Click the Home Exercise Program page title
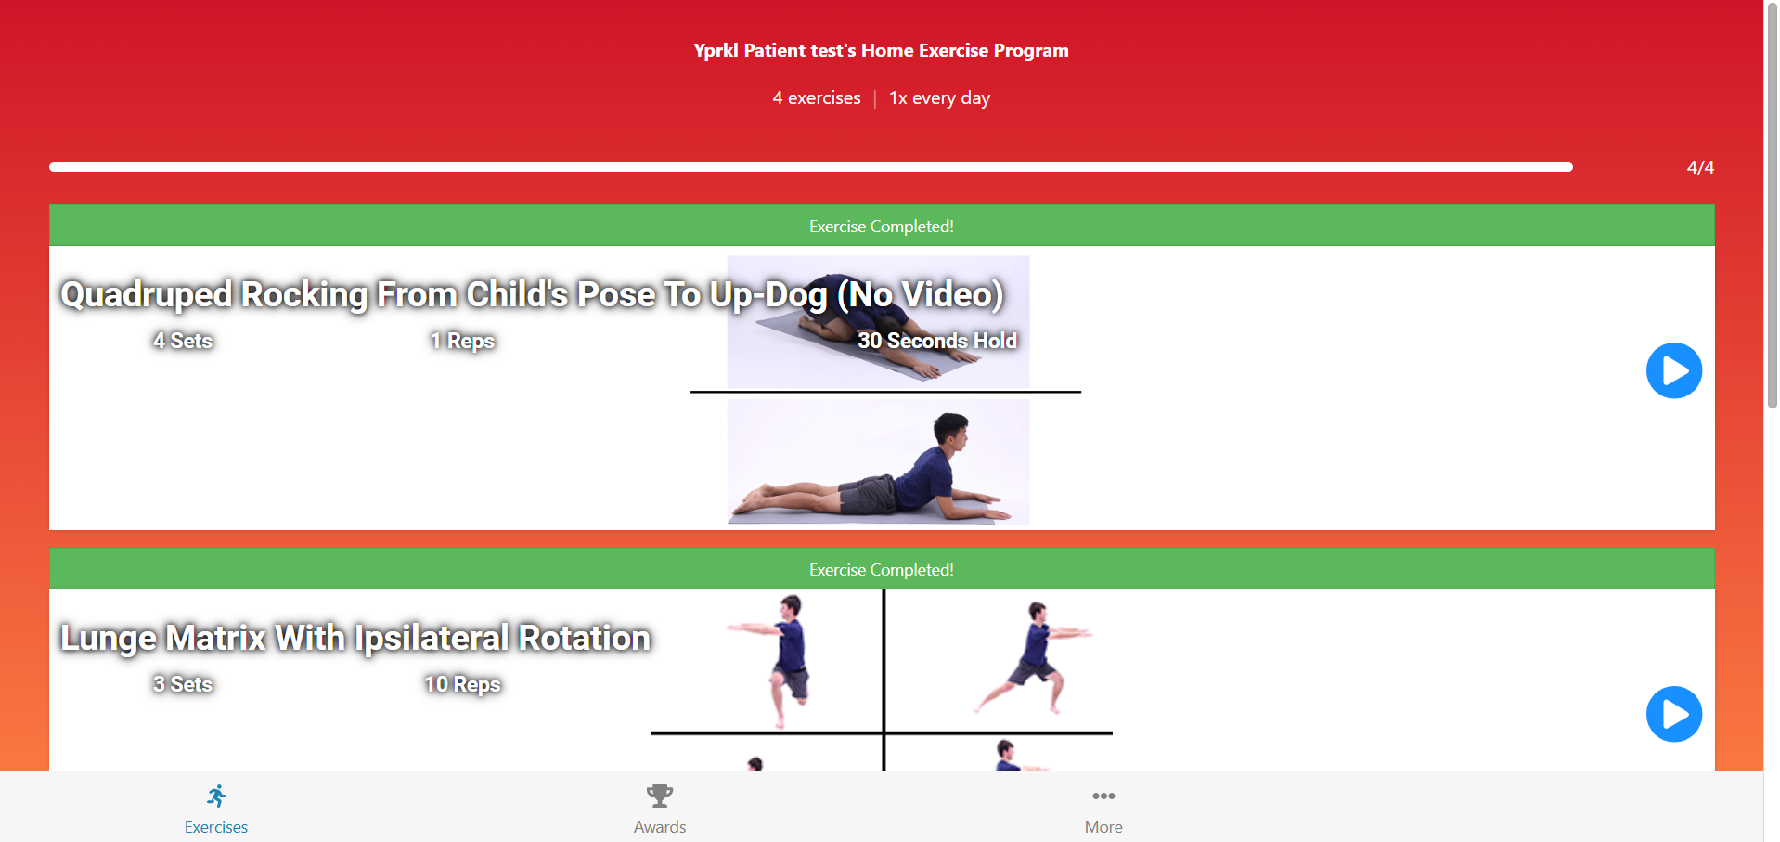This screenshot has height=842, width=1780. point(881,50)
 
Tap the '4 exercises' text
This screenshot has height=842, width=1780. point(817,97)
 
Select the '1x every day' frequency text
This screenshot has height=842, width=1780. point(939,97)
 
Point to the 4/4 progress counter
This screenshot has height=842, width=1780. point(1700,167)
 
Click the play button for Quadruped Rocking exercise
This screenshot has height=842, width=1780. point(1674,370)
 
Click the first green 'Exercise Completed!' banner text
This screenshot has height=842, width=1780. point(882,226)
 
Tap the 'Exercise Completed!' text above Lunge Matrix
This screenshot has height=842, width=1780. point(882,569)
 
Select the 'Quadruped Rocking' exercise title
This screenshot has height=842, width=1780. point(532,294)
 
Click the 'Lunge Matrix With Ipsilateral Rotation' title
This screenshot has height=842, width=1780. point(355,638)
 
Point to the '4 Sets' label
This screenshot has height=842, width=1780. point(183,341)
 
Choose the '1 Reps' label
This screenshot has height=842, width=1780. point(462,341)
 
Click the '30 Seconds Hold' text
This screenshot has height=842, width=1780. point(937,341)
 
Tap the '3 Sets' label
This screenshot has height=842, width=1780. point(183,684)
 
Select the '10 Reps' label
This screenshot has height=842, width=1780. point(462,684)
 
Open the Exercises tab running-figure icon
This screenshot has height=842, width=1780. point(216,796)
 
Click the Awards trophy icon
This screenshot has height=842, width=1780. point(660,796)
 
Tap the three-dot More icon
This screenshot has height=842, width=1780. point(1103,796)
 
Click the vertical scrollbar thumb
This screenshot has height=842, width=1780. point(1772,204)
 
